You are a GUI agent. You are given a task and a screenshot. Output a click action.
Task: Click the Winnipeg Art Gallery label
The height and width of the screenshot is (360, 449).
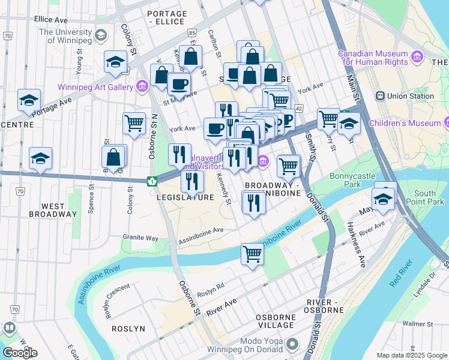95,87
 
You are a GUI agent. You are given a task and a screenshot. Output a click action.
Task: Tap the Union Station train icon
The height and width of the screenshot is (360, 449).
380,96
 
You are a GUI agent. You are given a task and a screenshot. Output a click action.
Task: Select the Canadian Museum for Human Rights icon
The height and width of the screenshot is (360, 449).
418,57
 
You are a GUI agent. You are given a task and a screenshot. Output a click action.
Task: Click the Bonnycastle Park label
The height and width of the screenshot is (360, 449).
353,181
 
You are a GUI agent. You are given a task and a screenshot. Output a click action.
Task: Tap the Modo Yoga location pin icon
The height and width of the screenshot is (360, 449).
292,344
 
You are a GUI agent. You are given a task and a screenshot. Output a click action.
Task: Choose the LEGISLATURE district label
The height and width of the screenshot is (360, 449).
185,197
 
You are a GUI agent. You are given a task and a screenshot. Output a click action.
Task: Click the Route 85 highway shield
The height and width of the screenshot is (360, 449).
191,31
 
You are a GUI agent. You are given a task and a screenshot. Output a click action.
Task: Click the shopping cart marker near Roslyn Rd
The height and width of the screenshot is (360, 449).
253,254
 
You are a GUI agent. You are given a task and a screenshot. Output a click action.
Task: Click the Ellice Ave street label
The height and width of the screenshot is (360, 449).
51,20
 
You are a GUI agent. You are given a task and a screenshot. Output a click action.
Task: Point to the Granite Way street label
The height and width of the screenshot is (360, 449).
139,238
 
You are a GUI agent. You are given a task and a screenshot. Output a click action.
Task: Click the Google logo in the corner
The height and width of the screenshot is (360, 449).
20,352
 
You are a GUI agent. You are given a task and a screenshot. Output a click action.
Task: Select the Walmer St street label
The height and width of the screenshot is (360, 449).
417,324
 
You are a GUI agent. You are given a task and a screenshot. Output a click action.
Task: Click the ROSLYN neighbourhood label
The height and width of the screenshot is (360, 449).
128,329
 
